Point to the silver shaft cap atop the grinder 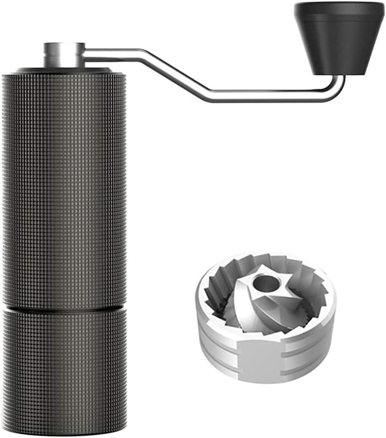click(x=64, y=54)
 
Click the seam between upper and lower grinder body click(x=64, y=308)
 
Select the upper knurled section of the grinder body click(x=64, y=188)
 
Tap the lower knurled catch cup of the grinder click(x=64, y=368)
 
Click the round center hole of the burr click(x=264, y=283)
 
